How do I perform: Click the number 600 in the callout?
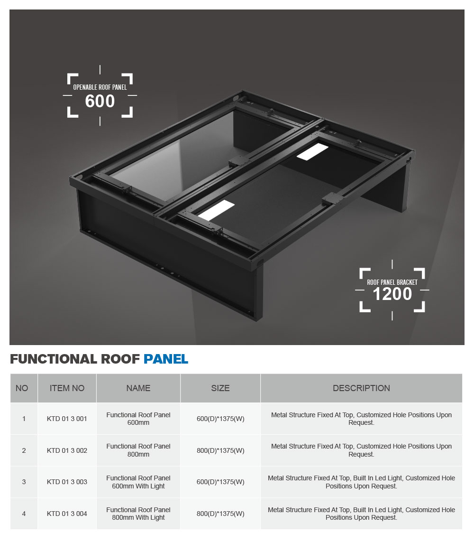100,101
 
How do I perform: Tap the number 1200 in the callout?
392,294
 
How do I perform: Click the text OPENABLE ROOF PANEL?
100,87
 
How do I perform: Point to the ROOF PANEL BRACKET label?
392,282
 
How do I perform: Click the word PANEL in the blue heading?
165,359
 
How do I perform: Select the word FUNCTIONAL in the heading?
53,359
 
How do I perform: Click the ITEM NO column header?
67,388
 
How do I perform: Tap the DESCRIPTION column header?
361,388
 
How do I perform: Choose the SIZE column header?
220,388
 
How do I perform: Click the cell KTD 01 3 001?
67,419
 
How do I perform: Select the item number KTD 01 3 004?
67,514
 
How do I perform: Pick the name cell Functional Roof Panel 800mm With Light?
138,514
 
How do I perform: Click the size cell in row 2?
220,450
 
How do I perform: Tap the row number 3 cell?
24,482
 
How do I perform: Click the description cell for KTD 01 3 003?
361,482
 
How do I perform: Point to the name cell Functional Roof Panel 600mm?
138,419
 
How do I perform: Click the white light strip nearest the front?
217,210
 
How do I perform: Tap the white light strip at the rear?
312,152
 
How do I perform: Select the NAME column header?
138,388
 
